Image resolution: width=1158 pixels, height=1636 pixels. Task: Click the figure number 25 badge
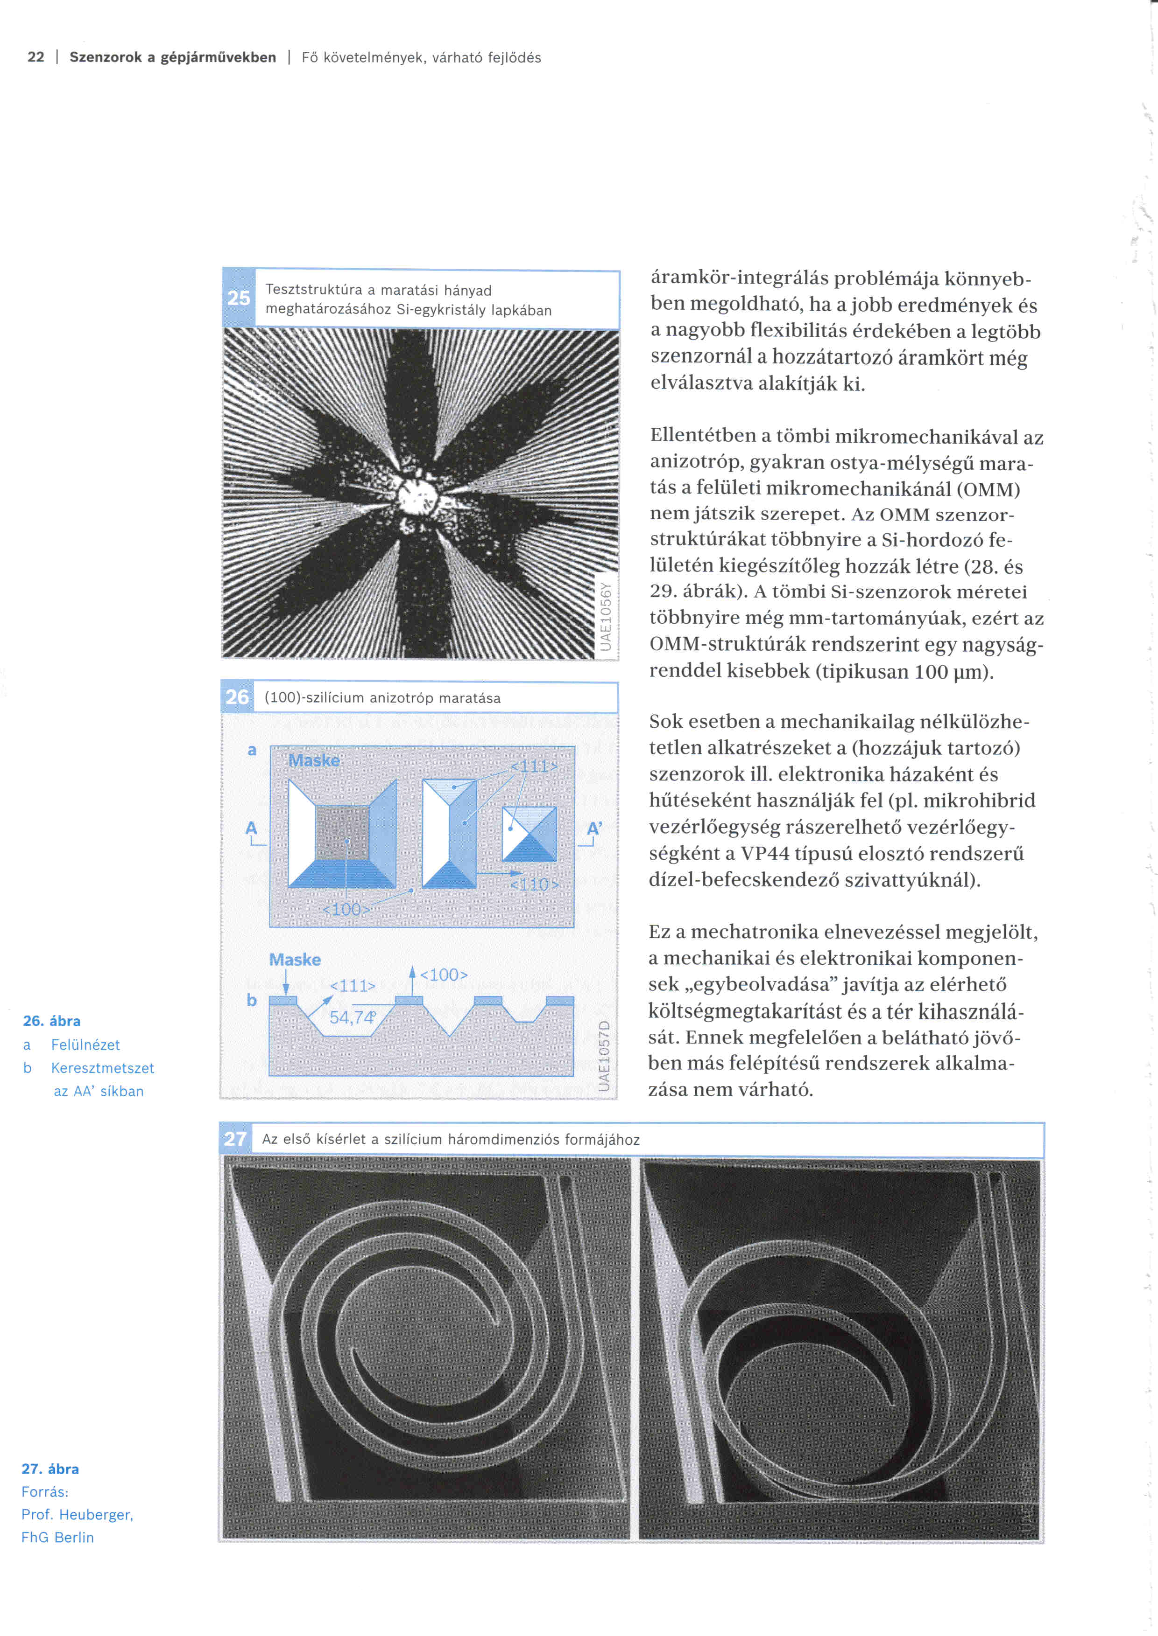pyautogui.click(x=238, y=298)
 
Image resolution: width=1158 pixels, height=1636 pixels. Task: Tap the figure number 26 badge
pyautogui.click(x=237, y=697)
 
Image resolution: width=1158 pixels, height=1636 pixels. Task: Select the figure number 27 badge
pyautogui.click(x=234, y=1139)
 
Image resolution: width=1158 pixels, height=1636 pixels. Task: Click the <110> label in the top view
pyautogui.click(x=535, y=884)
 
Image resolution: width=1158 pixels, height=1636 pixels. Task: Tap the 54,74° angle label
pyautogui.click(x=352, y=1017)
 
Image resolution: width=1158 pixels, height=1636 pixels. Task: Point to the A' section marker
pyautogui.click(x=594, y=828)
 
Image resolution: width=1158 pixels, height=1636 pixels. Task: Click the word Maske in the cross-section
pyautogui.click(x=295, y=960)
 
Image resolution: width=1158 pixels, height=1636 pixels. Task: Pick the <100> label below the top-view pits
pyautogui.click(x=346, y=910)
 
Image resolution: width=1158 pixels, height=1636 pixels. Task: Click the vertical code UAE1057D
pyautogui.click(x=605, y=1055)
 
